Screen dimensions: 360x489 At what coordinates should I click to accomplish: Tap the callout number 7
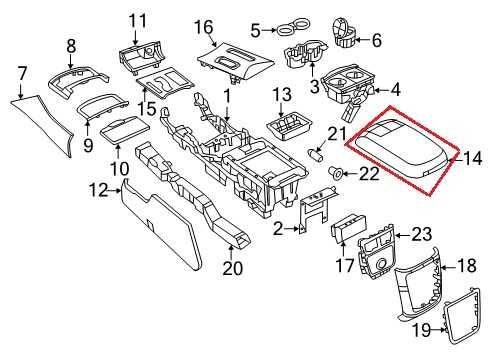pyautogui.click(x=22, y=73)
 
